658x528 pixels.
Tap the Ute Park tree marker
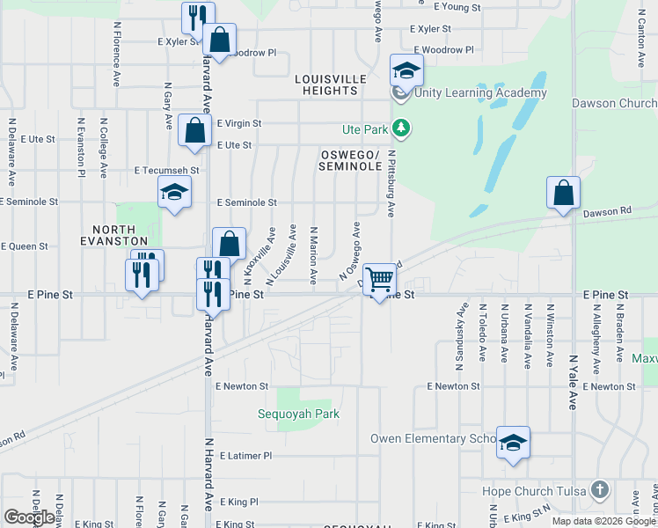[x=401, y=129]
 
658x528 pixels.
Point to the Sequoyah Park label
[x=298, y=414]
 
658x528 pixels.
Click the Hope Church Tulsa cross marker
[x=600, y=489]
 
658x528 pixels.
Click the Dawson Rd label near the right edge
[x=607, y=211]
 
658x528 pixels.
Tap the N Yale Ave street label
[x=573, y=382]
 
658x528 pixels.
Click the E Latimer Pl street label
[x=246, y=456]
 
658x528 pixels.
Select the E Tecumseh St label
[x=167, y=170]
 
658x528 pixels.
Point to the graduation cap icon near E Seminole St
[x=174, y=192]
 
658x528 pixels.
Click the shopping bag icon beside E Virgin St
[x=194, y=130]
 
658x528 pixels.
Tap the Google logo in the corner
[x=30, y=517]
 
